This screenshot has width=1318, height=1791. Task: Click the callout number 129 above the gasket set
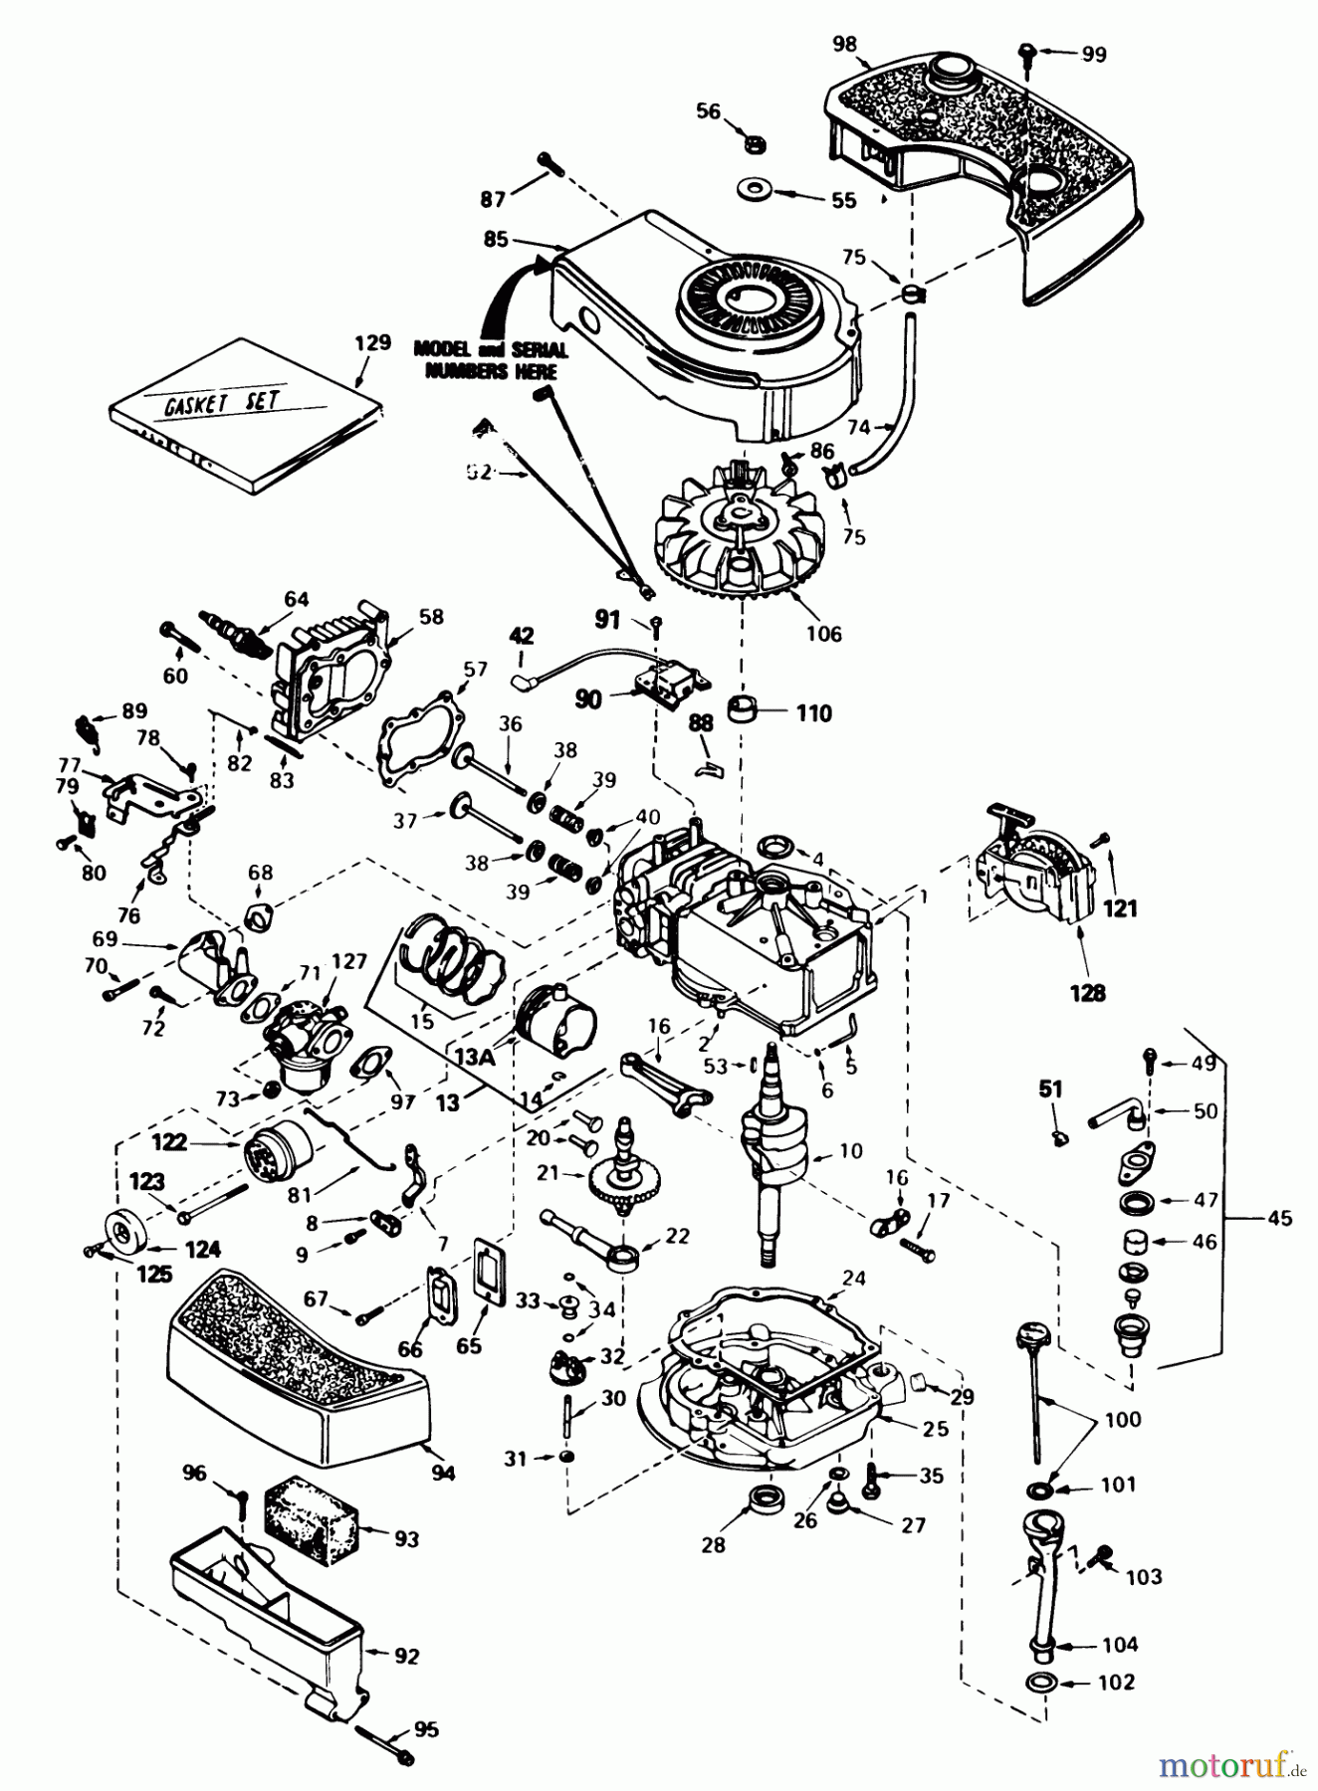[371, 343]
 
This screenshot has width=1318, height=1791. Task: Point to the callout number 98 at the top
[844, 43]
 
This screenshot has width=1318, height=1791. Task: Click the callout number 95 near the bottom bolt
[425, 1729]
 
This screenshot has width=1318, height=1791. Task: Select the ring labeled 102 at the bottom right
[1041, 1683]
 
